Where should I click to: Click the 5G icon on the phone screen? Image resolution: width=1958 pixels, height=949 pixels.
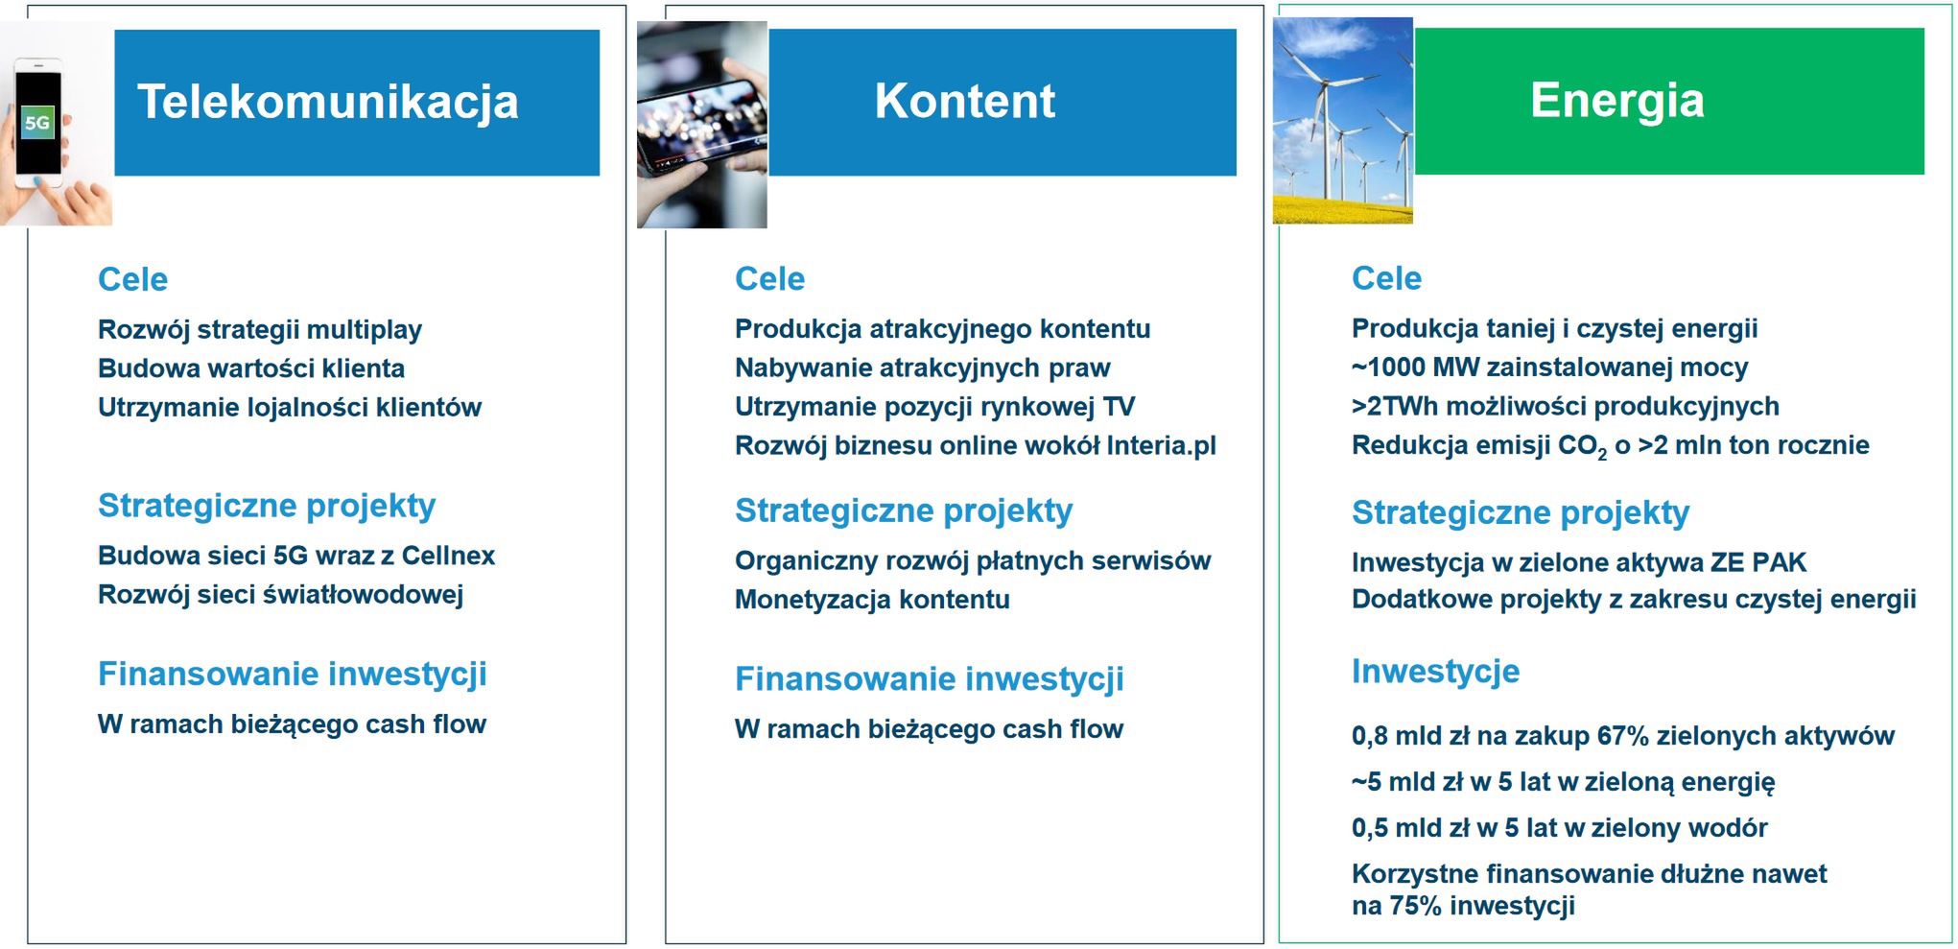pyautogui.click(x=36, y=123)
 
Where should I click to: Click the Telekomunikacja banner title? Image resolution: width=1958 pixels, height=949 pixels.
pyautogui.click(x=327, y=102)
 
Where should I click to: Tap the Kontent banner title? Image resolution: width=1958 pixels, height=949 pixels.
pyautogui.click(x=964, y=102)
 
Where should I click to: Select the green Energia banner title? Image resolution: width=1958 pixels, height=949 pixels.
pyautogui.click(x=1616, y=101)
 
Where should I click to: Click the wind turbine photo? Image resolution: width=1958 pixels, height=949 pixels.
pyautogui.click(x=1342, y=121)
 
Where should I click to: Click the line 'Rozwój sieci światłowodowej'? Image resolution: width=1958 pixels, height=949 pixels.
pyautogui.click(x=280, y=595)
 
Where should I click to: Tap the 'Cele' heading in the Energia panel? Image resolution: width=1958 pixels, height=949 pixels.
pyautogui.click(x=1386, y=278)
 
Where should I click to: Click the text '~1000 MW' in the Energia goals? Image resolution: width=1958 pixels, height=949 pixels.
pyautogui.click(x=1402, y=368)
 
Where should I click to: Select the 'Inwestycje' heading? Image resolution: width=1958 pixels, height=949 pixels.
pyautogui.click(x=1435, y=671)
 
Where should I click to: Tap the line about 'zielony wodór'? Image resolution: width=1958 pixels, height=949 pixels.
pyautogui.click(x=1559, y=828)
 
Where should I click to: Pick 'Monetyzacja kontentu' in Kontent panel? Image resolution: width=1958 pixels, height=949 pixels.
pyautogui.click(x=872, y=600)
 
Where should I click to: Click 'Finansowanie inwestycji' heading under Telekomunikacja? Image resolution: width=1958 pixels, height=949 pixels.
pyautogui.click(x=292, y=674)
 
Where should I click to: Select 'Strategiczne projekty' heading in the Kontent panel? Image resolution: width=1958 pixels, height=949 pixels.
pyautogui.click(x=903, y=510)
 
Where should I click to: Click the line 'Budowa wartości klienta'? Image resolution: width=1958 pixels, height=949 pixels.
pyautogui.click(x=250, y=368)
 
